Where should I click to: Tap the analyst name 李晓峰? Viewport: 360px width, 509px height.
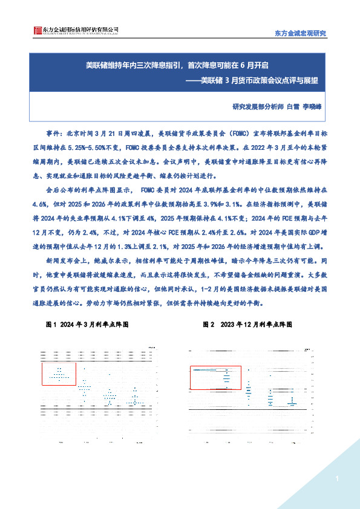click(313, 106)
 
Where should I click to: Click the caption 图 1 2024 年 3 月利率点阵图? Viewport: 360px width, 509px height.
click(87, 325)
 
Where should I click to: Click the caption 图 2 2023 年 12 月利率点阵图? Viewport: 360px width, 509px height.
click(247, 325)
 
